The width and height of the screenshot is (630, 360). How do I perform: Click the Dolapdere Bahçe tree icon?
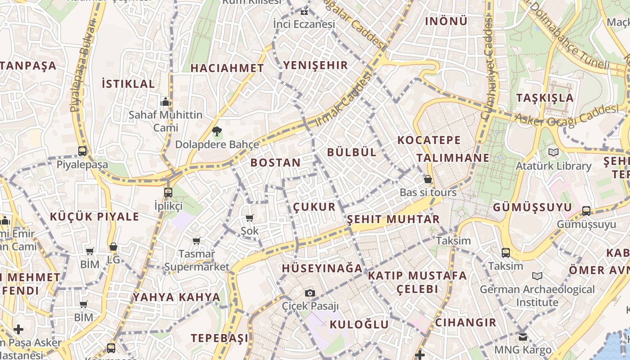point(217,131)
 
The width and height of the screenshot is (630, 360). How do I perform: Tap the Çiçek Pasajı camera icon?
point(310,293)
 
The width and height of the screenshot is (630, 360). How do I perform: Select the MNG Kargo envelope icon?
point(522,337)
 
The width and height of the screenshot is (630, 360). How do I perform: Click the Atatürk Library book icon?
point(553,153)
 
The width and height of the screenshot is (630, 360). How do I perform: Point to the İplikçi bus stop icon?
point(168,193)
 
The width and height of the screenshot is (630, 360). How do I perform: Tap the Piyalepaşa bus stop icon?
point(82,151)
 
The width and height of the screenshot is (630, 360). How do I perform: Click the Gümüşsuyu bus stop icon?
point(586,211)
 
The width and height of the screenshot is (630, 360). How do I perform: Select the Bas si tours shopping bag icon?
point(428,179)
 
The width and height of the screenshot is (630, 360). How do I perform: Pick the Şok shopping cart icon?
point(250,218)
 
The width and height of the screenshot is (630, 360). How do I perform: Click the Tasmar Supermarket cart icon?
point(197,241)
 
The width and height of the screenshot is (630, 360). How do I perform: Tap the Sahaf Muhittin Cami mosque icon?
point(166,102)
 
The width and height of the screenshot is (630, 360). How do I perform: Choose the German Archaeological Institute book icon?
point(537,276)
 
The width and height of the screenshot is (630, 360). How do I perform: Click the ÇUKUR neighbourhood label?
point(315,207)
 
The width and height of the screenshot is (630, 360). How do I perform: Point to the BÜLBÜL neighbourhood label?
point(352,152)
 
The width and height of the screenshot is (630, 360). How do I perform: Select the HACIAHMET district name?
point(227,68)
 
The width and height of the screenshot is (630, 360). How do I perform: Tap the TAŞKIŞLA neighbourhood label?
point(545,98)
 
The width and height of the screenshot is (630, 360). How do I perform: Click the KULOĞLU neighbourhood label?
point(359,324)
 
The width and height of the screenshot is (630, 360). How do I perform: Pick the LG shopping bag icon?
point(113,247)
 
